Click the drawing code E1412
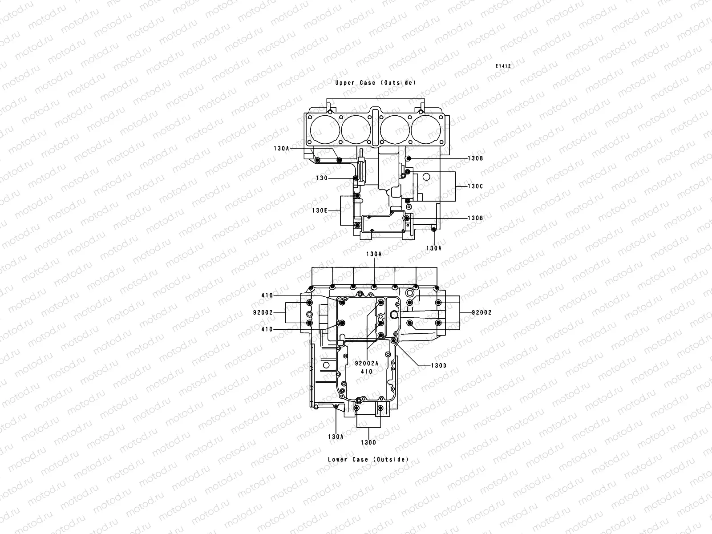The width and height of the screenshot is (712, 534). click(x=504, y=66)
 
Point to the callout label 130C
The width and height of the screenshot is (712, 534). click(x=475, y=186)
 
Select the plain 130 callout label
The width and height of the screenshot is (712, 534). click(x=322, y=178)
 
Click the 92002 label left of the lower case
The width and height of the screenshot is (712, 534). click(x=263, y=312)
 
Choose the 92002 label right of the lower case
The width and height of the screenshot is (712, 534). click(x=482, y=312)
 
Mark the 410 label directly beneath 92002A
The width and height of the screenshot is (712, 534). click(x=367, y=371)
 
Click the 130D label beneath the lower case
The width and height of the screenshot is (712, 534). click(x=368, y=442)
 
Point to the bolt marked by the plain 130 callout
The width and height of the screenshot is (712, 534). click(x=355, y=178)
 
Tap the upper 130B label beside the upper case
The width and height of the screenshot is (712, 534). click(x=475, y=158)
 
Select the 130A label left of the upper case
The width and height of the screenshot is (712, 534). click(x=282, y=149)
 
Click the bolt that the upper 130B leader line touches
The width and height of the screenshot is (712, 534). click(x=410, y=159)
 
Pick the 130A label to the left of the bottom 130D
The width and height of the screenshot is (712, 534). click(x=336, y=437)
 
